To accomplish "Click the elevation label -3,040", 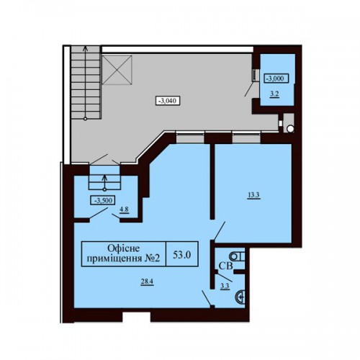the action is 168,101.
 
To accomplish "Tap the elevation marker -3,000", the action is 276,78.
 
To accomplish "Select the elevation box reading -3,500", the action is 103,200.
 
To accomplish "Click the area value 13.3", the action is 254,195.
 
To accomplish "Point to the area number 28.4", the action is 147,282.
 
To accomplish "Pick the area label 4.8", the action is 125,210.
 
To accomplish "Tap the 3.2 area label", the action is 274,94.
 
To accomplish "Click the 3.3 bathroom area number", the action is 225,286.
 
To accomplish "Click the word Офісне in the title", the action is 124,248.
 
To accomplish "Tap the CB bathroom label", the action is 225,266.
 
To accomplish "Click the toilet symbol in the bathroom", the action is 237,257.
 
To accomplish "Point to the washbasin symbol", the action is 240,297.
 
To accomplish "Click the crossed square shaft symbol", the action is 117,70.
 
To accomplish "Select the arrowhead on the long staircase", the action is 85,48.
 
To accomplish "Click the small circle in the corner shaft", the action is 290,129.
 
